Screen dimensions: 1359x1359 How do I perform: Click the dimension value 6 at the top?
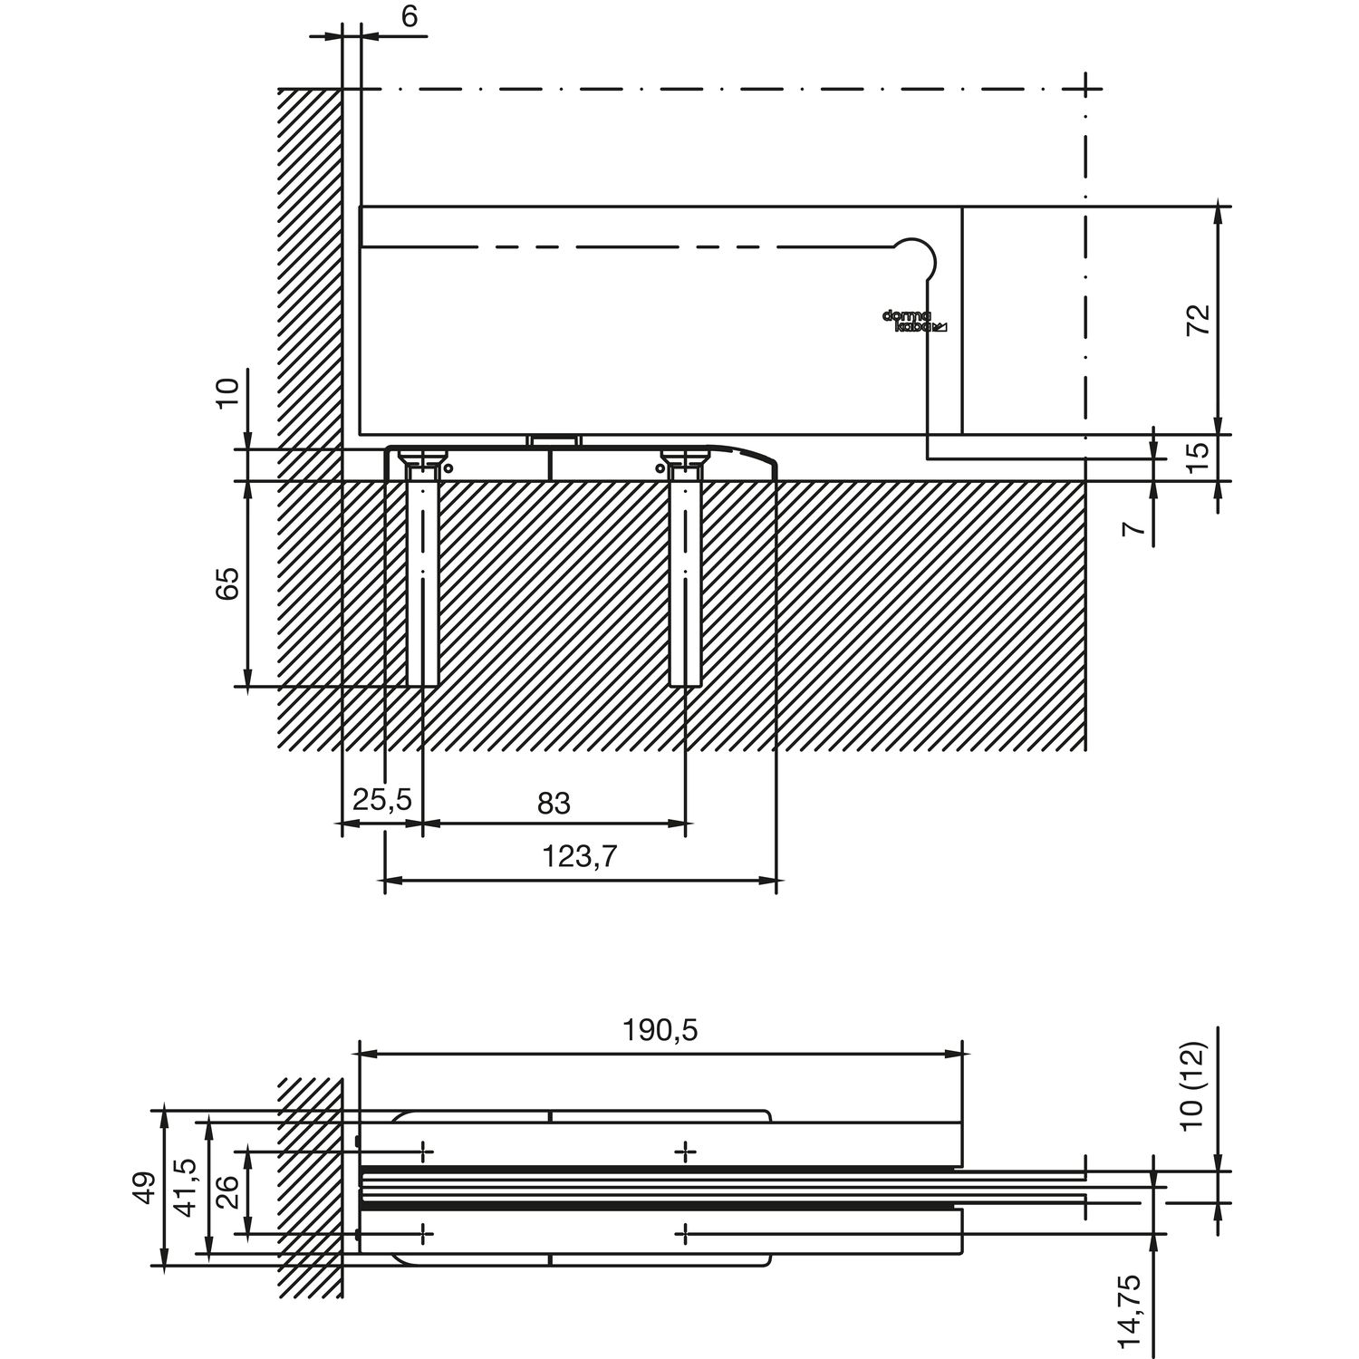[x=410, y=17]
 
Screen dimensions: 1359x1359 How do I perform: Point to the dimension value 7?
[x=1132, y=528]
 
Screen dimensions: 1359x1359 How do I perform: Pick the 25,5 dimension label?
[x=381, y=800]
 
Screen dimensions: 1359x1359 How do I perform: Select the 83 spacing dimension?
[x=554, y=803]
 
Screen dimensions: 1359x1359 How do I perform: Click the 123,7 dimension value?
[x=581, y=856]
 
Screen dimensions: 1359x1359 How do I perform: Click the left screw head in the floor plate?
[x=422, y=458]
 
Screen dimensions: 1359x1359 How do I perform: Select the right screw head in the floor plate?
[x=685, y=458]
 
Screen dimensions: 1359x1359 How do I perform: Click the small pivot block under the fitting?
[x=553, y=440]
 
